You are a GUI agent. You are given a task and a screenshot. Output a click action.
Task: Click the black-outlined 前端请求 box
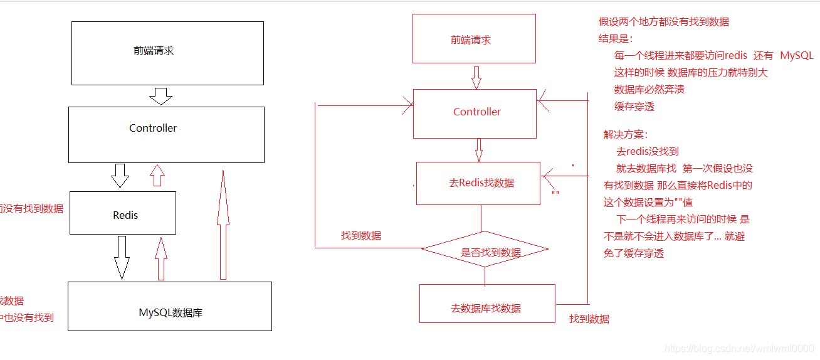(167, 53)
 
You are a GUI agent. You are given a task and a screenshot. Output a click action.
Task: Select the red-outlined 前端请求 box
(474, 39)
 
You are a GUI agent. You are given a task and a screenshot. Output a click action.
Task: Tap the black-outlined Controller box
(166, 134)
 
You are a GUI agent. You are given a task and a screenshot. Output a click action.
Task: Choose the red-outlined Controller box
(475, 113)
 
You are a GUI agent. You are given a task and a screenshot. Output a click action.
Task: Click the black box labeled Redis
(123, 213)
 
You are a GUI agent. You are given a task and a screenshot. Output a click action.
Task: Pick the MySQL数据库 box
(170, 306)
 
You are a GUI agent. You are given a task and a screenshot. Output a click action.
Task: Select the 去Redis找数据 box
(478, 183)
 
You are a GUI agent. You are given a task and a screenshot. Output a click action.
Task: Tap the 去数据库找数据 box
(487, 304)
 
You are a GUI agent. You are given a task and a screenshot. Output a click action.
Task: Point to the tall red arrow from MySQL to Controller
(222, 226)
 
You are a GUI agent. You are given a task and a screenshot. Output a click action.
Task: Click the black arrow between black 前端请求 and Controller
(161, 96)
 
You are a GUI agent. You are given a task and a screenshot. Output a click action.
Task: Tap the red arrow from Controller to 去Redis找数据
(479, 150)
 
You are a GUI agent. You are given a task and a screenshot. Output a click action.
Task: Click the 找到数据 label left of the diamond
(361, 236)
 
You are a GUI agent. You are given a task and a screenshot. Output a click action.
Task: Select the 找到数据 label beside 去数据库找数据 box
(589, 319)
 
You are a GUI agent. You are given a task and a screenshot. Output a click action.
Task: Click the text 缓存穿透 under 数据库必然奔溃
(634, 107)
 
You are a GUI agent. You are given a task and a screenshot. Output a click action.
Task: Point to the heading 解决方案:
(625, 135)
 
